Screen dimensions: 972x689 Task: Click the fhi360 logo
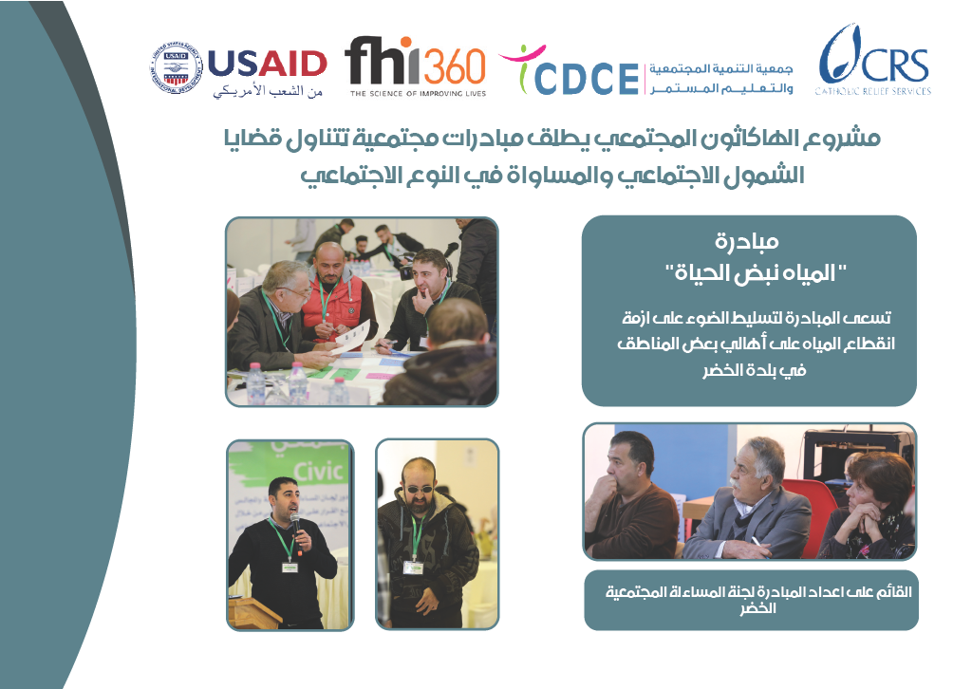416,66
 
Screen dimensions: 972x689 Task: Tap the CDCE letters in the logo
586,78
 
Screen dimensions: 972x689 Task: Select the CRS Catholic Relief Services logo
873,60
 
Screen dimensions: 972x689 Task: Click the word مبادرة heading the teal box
747,241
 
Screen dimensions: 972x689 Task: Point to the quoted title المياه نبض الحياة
755,272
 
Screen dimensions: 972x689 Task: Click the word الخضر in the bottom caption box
757,608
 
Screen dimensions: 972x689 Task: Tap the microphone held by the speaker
296,526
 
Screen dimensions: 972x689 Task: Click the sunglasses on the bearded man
419,490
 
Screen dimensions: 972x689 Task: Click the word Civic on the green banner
319,472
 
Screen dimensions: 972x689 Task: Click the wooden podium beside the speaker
255,613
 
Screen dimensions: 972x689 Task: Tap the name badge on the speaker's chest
290,567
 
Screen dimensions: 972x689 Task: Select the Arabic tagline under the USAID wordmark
268,91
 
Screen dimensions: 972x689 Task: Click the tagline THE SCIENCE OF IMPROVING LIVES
418,94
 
